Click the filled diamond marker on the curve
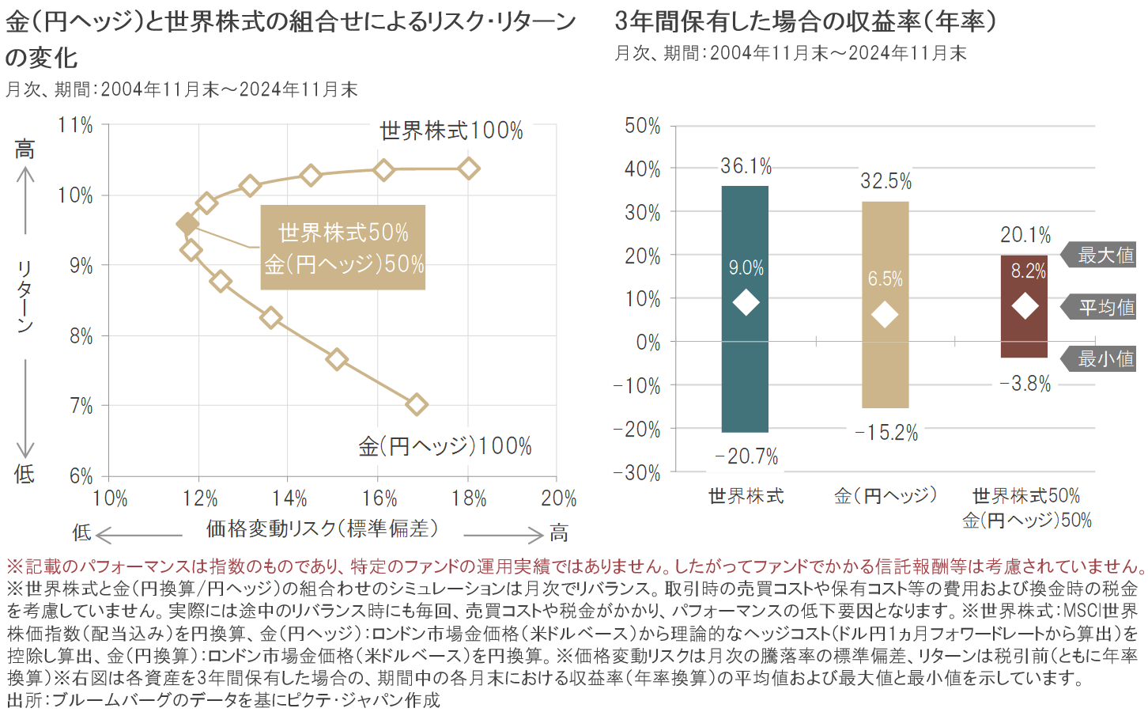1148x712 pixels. click(187, 224)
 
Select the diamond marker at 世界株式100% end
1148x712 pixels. click(469, 169)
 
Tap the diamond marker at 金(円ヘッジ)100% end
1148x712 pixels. click(417, 405)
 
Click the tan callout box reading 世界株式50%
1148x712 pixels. click(343, 248)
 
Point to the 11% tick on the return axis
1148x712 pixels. click(76, 126)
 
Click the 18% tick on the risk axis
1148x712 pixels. click(469, 499)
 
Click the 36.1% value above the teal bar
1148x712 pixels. click(746, 166)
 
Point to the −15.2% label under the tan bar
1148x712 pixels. click(886, 434)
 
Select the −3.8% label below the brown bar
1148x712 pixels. click(1025, 384)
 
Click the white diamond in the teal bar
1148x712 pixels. click(746, 302)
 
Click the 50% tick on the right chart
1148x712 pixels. click(642, 126)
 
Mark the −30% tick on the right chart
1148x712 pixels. click(636, 473)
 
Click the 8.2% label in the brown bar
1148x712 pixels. click(1028, 271)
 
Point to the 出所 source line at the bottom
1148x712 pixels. click(223, 700)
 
